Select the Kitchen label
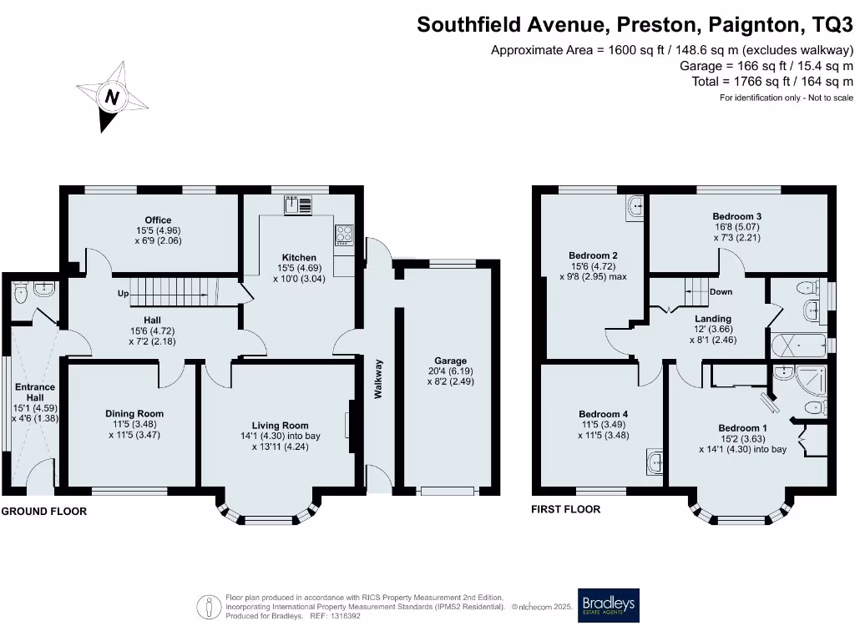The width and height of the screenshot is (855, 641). pyautogui.click(x=299, y=257)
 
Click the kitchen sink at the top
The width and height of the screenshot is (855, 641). pyautogui.click(x=297, y=204)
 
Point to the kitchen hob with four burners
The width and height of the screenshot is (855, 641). pyautogui.click(x=344, y=235)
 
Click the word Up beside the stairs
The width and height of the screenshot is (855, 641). pyautogui.click(x=123, y=294)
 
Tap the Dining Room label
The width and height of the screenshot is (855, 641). pyautogui.click(x=134, y=413)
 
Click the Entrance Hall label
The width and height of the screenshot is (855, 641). pyautogui.click(x=35, y=392)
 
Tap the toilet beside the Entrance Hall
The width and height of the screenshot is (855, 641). pyautogui.click(x=22, y=291)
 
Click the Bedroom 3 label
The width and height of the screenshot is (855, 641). pyautogui.click(x=736, y=216)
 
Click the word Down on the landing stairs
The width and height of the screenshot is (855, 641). pyautogui.click(x=720, y=292)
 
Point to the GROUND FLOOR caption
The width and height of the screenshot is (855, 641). pyautogui.click(x=43, y=511)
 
